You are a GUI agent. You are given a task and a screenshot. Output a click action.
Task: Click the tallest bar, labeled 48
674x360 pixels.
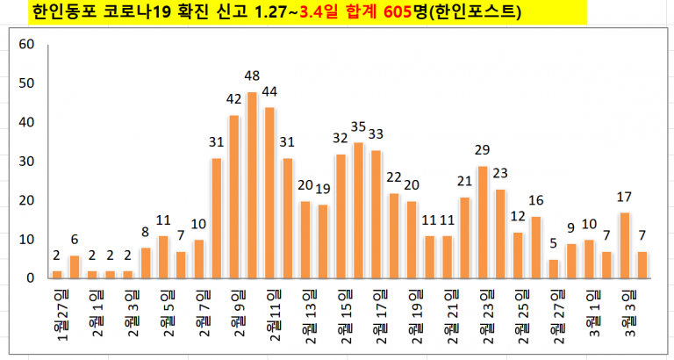click(x=252, y=185)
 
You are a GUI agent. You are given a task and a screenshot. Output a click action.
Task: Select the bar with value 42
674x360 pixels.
click(x=233, y=197)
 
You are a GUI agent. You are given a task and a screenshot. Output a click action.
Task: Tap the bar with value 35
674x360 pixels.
click(x=358, y=211)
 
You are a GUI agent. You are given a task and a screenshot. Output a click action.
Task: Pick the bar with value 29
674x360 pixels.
click(x=483, y=222)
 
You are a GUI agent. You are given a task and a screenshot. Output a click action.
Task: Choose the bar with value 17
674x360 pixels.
click(x=625, y=245)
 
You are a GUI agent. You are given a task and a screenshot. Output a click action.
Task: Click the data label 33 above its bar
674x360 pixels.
click(x=376, y=134)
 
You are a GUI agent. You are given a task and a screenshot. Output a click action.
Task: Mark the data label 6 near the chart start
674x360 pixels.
click(x=75, y=239)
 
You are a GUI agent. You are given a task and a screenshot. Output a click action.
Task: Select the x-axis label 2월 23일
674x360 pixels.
click(x=484, y=313)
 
